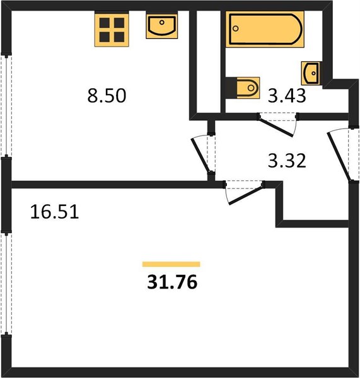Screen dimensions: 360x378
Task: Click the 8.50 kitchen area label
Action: point(107,96)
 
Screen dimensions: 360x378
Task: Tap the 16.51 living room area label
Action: point(54,212)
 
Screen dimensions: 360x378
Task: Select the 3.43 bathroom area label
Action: point(287,96)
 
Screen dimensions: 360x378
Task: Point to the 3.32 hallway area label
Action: point(287,161)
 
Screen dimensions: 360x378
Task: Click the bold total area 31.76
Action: point(172,282)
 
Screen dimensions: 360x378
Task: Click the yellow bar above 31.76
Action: point(171,264)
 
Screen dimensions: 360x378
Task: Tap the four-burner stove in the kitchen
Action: point(112,30)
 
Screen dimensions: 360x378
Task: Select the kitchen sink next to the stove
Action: point(162,26)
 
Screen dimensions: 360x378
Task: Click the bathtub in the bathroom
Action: point(265,29)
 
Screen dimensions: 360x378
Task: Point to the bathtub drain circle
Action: point(236,28)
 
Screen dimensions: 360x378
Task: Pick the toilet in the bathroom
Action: point(243,88)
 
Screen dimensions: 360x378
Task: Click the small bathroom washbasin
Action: point(311,73)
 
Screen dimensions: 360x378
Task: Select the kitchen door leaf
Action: point(200,156)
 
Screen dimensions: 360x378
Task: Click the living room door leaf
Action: point(246,195)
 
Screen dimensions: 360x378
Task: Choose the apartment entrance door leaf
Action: point(339,157)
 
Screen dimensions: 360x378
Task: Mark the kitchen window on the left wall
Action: point(6,106)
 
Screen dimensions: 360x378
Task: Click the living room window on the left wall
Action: point(6,283)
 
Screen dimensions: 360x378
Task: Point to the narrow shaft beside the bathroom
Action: point(209,62)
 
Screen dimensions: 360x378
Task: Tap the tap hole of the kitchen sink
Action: point(162,23)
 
